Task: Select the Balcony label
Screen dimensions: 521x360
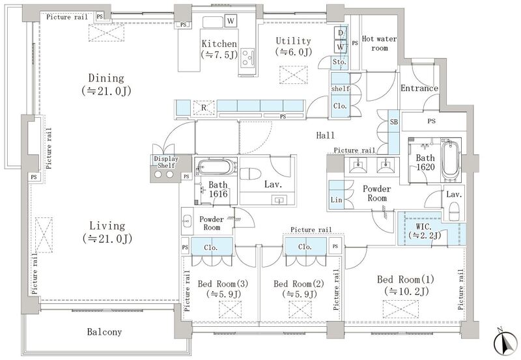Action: pos(104,332)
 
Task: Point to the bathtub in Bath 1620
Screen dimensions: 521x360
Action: pos(451,161)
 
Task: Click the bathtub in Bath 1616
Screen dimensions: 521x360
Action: pos(216,167)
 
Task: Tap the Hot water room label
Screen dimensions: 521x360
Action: pos(379,43)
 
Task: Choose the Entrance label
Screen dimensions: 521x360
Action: pos(419,89)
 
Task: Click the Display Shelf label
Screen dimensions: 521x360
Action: pos(166,162)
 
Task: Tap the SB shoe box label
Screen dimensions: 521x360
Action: pos(394,122)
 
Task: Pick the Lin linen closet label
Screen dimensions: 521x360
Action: pos(336,200)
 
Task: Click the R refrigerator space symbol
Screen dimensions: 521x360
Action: pos(204,107)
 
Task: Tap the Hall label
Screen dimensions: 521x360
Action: pos(325,135)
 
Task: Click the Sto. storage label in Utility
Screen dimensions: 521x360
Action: pos(339,62)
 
